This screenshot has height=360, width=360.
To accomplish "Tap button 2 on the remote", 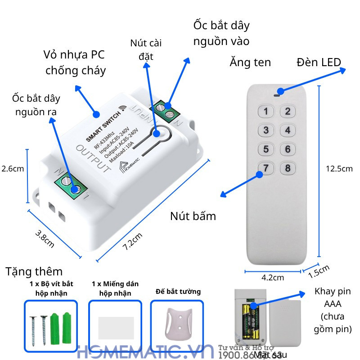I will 288,112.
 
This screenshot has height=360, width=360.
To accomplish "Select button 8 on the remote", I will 288,169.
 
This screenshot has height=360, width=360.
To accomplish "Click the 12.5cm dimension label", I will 339,169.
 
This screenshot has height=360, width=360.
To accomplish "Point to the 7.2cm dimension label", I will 133,242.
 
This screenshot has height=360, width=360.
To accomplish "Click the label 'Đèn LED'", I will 319,62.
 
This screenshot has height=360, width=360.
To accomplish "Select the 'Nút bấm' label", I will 193,216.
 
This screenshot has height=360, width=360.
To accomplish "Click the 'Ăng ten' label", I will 250,62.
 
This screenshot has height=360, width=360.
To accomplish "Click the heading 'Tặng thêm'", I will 34,271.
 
